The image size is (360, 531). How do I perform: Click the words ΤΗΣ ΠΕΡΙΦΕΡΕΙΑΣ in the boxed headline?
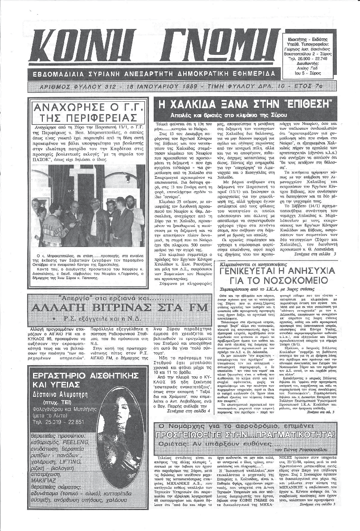click(84, 118)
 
